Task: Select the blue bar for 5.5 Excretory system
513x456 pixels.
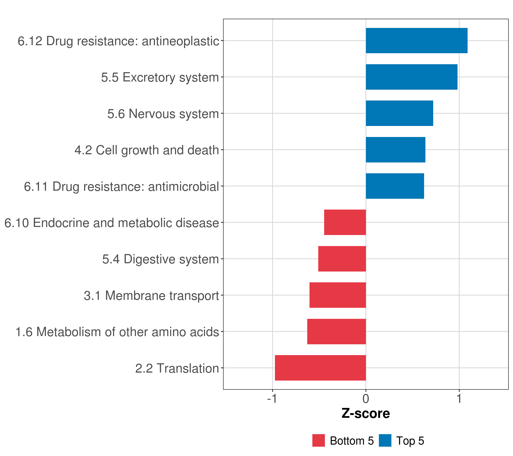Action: coord(411,77)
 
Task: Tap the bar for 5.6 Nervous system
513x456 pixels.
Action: coord(399,113)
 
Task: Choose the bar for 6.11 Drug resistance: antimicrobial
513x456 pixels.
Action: coord(395,186)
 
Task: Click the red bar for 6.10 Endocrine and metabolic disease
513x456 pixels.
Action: coord(345,222)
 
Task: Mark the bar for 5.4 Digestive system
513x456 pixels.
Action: coord(342,259)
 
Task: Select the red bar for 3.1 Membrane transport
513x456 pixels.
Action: coord(338,295)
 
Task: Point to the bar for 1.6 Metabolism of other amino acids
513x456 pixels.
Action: coord(336,332)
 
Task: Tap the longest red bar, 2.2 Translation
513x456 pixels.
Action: coord(320,368)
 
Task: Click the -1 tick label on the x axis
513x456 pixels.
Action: coord(272,399)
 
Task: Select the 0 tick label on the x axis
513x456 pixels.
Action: coord(366,399)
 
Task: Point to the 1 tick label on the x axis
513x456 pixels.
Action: coord(459,399)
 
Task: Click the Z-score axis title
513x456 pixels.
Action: coord(366,414)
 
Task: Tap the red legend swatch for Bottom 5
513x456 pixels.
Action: coord(318,440)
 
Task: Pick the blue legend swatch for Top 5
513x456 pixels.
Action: coord(385,440)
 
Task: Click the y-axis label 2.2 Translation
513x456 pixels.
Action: coord(177,368)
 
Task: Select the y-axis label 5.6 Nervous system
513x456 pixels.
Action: coord(163,114)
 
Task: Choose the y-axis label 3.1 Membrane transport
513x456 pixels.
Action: coord(151,296)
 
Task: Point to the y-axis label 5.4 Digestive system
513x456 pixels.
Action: coord(160,259)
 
